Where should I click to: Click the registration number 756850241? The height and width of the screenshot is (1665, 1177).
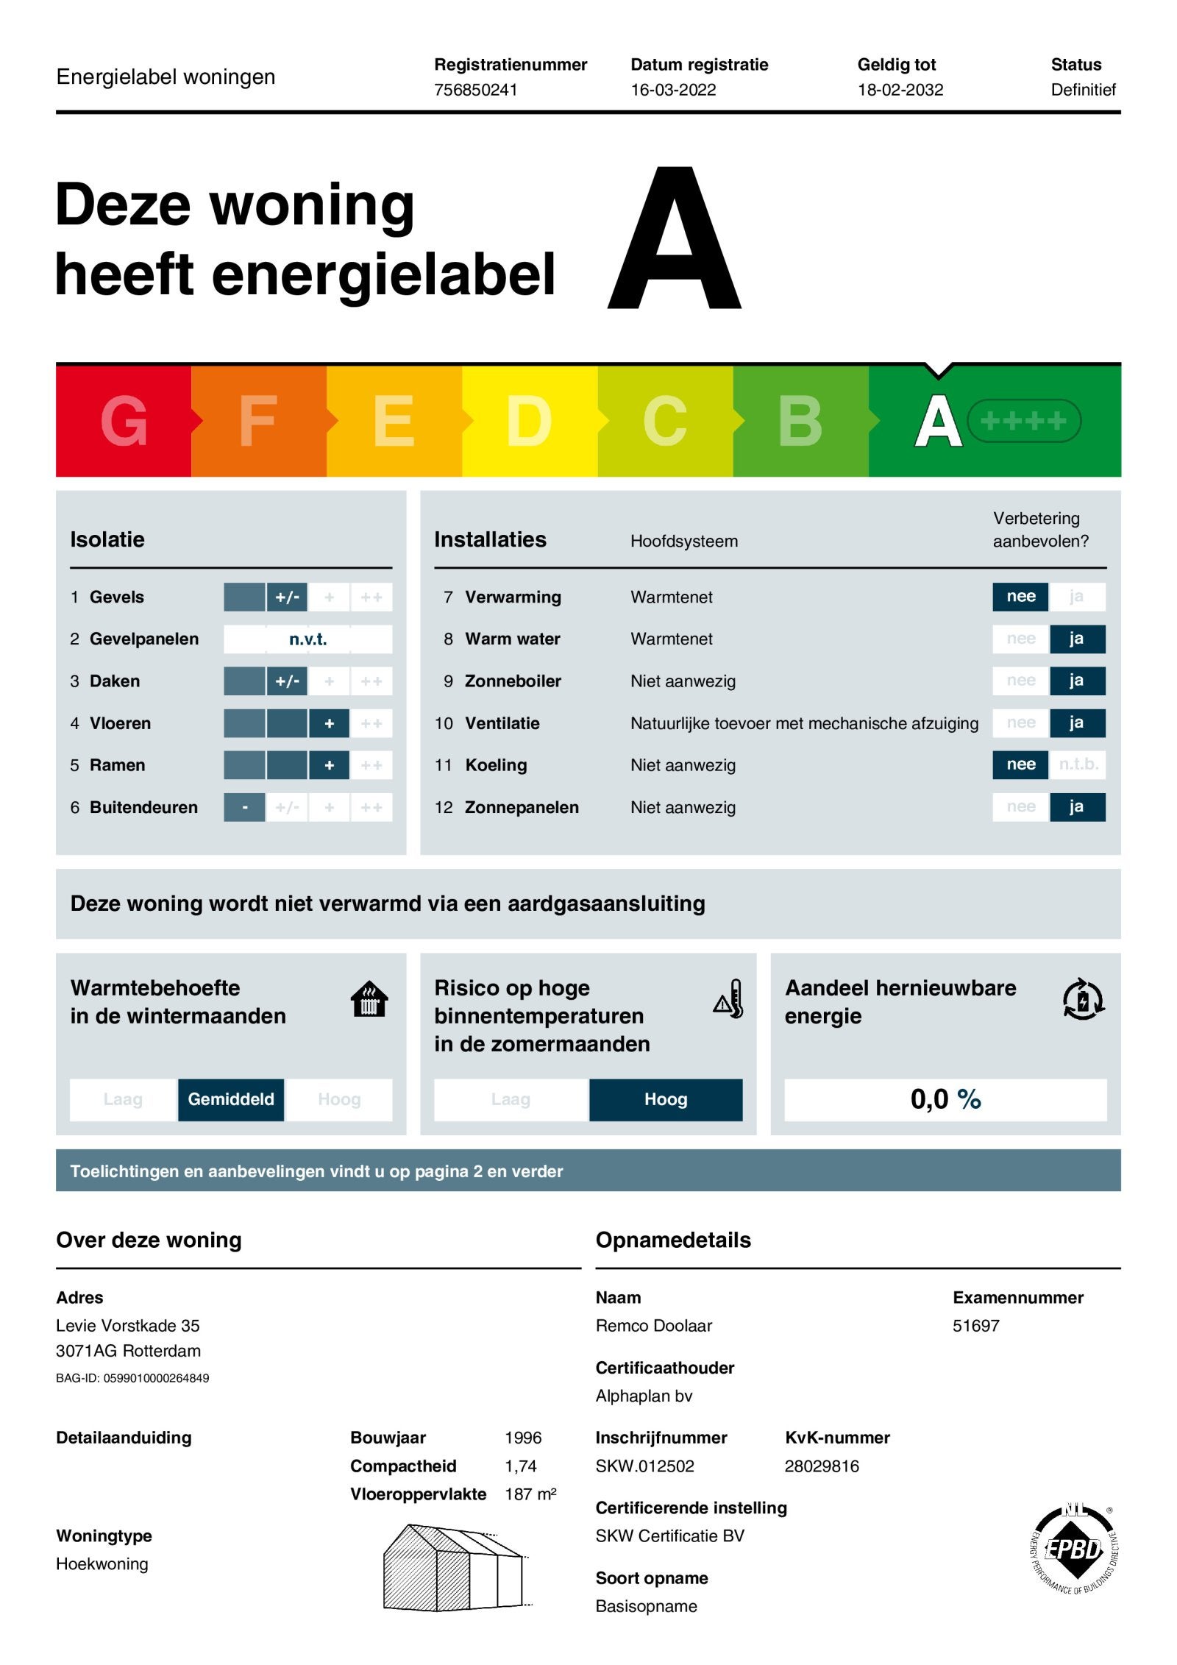click(x=475, y=90)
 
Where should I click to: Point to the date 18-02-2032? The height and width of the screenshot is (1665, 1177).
click(x=900, y=90)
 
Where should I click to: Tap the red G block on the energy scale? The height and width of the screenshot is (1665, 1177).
click(x=123, y=421)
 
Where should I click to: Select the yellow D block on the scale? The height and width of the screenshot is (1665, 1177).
click(x=529, y=421)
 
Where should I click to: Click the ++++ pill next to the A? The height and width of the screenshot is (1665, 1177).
click(x=1023, y=421)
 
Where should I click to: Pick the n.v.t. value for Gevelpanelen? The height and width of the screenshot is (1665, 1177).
click(x=307, y=639)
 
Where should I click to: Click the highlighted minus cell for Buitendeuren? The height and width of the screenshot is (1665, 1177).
click(x=244, y=807)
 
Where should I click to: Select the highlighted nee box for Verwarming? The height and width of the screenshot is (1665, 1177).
click(x=1020, y=597)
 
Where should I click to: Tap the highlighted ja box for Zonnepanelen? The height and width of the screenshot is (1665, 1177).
click(x=1076, y=807)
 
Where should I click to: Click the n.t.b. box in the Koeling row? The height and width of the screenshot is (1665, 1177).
click(x=1078, y=764)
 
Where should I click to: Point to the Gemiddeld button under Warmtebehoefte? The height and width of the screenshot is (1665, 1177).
click(x=231, y=1099)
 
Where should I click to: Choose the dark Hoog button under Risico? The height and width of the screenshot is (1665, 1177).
click(x=666, y=1099)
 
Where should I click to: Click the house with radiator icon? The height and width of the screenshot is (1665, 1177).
click(x=369, y=999)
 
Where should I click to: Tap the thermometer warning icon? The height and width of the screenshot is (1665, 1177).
click(x=729, y=999)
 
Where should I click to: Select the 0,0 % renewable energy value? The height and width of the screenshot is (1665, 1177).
click(x=945, y=1099)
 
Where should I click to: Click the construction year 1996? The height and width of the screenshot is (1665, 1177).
click(x=523, y=1438)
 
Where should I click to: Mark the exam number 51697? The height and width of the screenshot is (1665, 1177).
click(x=975, y=1326)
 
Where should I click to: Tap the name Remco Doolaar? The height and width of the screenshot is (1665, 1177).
click(x=653, y=1326)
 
